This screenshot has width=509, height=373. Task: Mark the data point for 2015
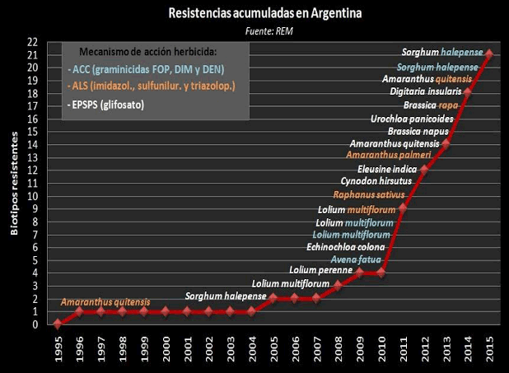coord(489,54)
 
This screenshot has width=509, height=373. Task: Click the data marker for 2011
coord(402,208)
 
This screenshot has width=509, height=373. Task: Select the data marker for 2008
coord(338,286)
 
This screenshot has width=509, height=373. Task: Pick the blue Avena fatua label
coord(355,259)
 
